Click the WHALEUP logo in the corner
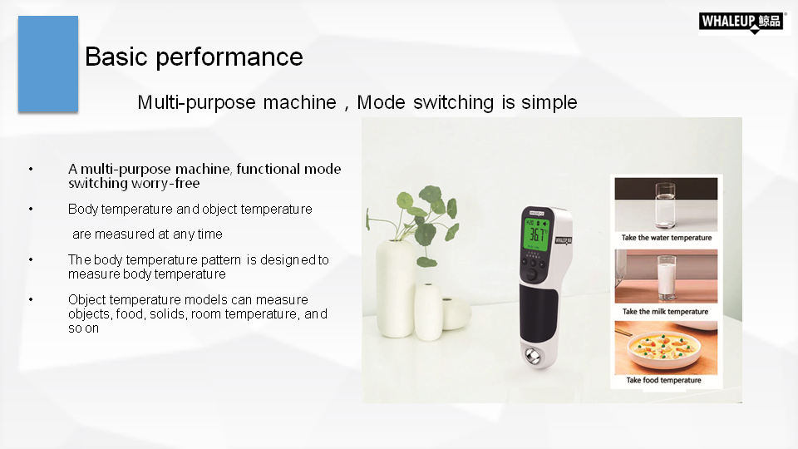click(x=742, y=22)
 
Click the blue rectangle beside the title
click(x=48, y=64)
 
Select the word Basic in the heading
click(x=116, y=57)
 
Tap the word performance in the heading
click(x=229, y=57)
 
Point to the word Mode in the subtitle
click(x=381, y=102)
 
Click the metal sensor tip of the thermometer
click(x=533, y=355)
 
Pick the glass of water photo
click(x=666, y=205)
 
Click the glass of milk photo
click(x=666, y=276)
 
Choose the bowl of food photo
click(x=666, y=348)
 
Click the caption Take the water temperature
click(x=666, y=238)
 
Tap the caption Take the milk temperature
click(x=665, y=312)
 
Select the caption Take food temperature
click(x=663, y=380)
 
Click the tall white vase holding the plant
click(x=396, y=289)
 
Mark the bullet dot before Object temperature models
click(x=31, y=299)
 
